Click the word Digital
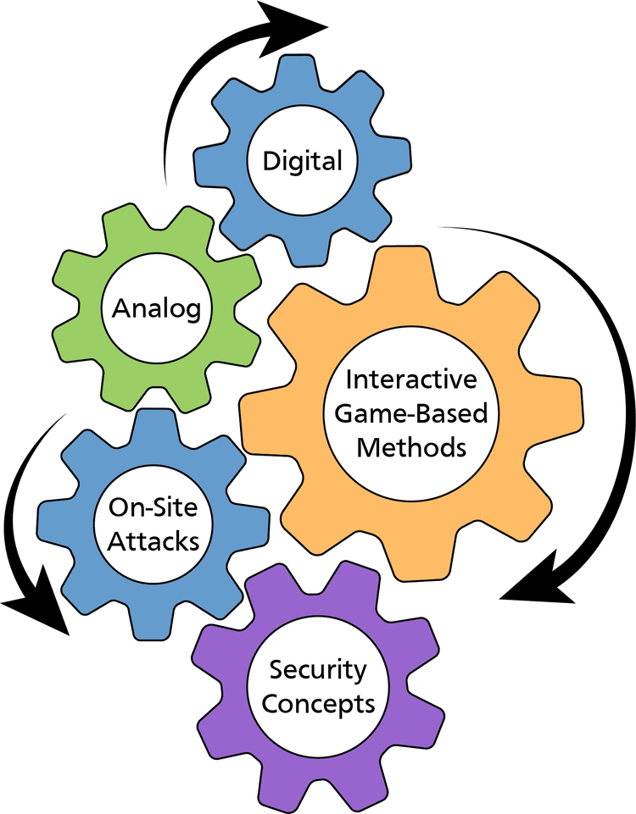click(x=303, y=161)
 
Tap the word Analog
click(x=157, y=307)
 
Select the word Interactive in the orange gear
click(x=411, y=380)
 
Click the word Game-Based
click(x=411, y=413)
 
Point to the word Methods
click(x=411, y=446)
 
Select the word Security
click(x=318, y=670)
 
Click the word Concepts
click(x=318, y=703)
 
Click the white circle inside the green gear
click(x=157, y=307)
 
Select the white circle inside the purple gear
click(x=318, y=687)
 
